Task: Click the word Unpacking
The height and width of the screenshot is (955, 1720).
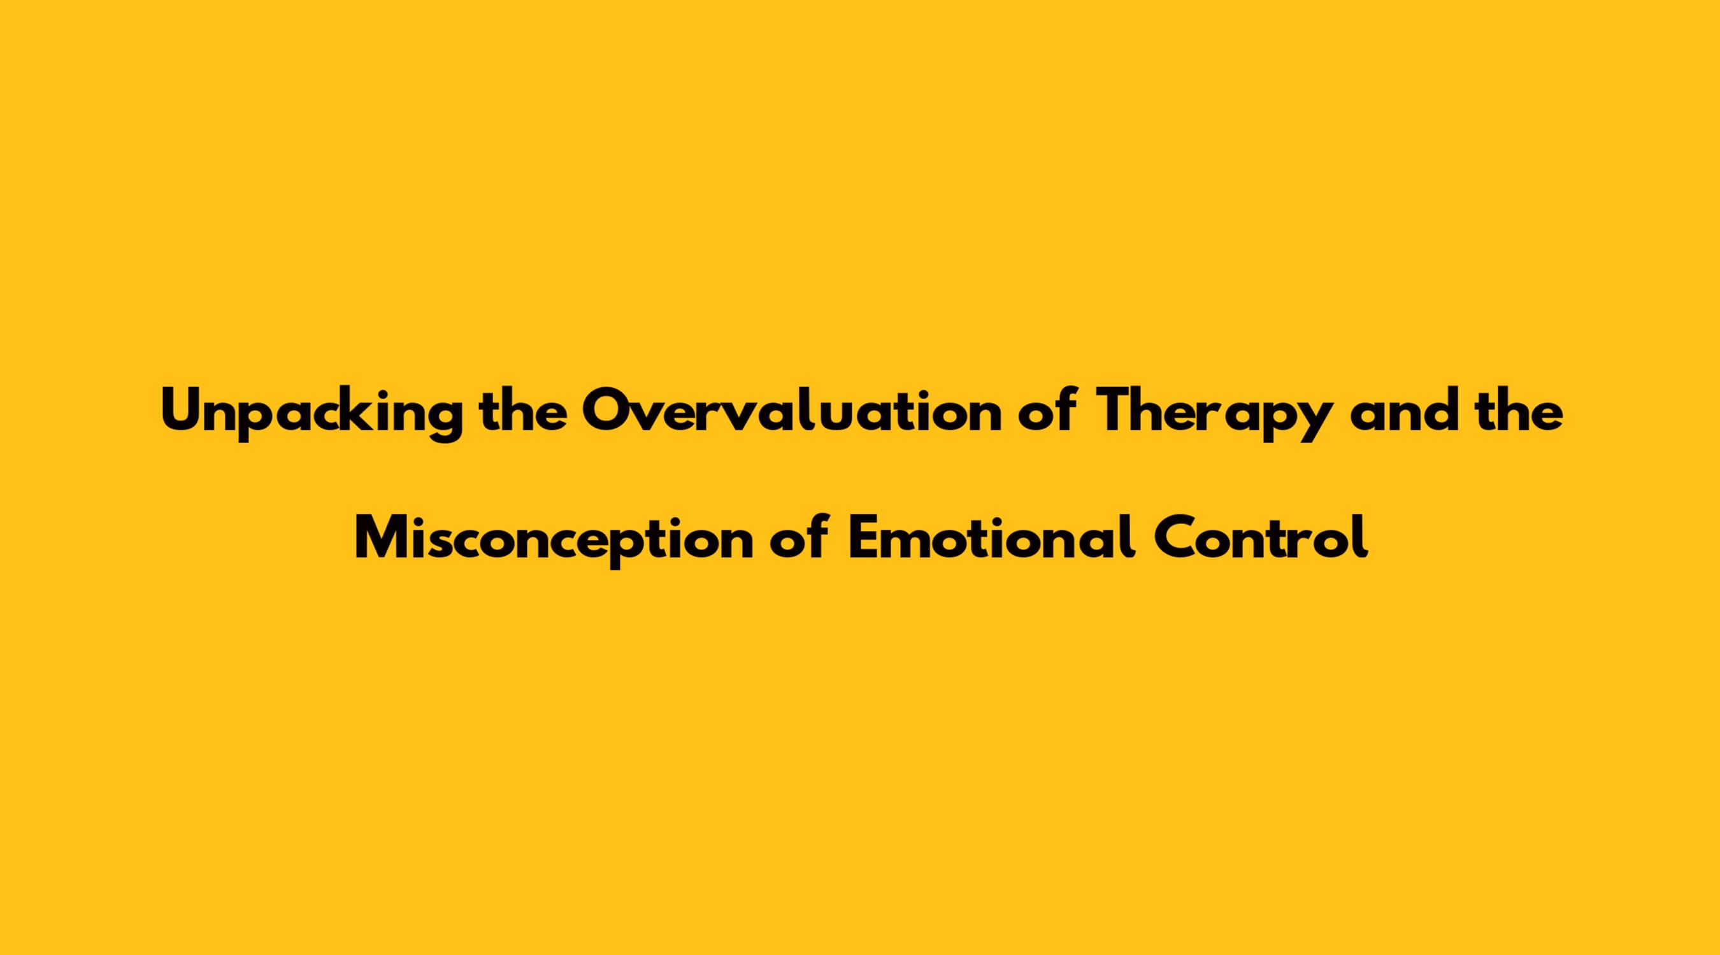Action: pos(311,414)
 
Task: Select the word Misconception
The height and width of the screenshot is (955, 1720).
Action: pos(554,540)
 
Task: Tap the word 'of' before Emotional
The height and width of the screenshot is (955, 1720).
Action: pos(799,537)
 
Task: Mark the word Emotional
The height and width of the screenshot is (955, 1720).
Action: pos(991,537)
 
